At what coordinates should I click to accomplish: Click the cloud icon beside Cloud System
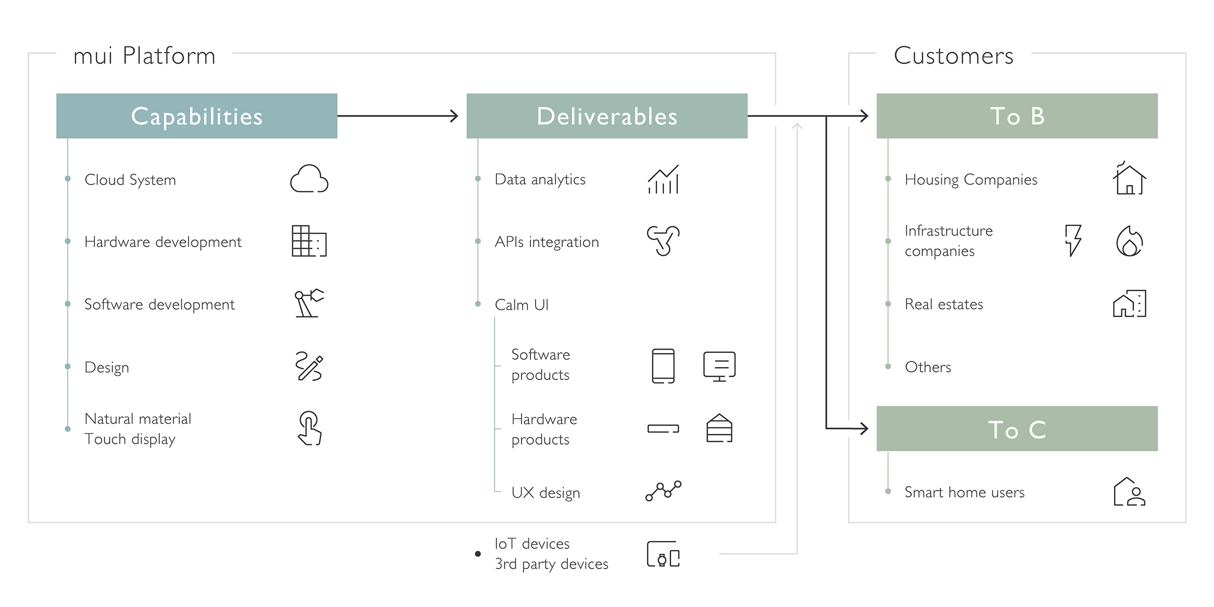pos(309,179)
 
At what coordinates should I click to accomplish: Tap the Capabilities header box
pos(197,116)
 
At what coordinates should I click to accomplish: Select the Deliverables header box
pos(607,116)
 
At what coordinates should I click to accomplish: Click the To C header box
pos(1017,429)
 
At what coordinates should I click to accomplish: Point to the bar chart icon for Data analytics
pos(663,180)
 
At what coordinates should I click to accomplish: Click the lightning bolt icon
pos(1073,241)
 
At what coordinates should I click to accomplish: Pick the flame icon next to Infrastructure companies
pos(1129,242)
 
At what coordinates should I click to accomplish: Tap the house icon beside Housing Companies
pos(1129,179)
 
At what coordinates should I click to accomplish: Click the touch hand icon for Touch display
pos(309,428)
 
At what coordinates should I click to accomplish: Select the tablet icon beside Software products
pos(663,366)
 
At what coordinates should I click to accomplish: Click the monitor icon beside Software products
pos(719,366)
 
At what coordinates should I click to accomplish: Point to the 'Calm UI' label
pos(522,305)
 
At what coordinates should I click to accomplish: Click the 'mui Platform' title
pos(144,56)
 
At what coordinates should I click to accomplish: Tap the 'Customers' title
pos(954,56)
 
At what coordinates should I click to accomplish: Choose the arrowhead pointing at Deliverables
pos(454,116)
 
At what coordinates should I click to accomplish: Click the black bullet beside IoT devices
pos(478,554)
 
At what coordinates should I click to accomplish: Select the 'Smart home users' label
pos(964,492)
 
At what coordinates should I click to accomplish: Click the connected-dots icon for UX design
pos(663,491)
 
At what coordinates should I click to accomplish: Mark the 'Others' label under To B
pos(928,367)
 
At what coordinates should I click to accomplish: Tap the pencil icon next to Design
pos(309,366)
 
